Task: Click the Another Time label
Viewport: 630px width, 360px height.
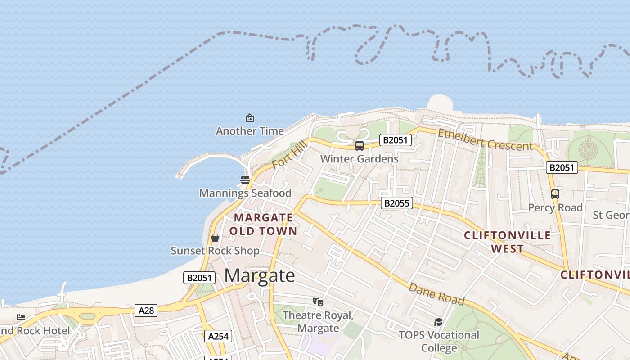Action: point(250,131)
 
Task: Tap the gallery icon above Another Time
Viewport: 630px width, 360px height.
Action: point(250,118)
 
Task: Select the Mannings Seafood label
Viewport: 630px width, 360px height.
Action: point(245,193)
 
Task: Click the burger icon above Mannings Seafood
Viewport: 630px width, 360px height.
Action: point(245,180)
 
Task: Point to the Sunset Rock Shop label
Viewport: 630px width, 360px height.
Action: point(215,251)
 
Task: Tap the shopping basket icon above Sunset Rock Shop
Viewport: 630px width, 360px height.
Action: point(215,238)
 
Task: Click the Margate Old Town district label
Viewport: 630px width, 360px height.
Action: point(263,224)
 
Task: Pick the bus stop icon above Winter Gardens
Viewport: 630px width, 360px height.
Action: point(360,146)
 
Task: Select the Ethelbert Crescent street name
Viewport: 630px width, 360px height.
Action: point(485,140)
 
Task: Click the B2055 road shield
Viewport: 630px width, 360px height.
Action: point(396,203)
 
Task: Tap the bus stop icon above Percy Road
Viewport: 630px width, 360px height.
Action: point(555,194)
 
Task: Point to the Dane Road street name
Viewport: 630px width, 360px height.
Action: point(436,294)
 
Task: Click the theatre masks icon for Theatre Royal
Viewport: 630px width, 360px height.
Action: point(318,302)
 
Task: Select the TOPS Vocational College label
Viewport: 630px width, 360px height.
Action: point(439,342)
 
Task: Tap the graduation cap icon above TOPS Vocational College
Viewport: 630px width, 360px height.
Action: point(438,322)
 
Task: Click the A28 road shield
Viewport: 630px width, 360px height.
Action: point(146,310)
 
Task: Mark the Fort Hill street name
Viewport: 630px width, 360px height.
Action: point(289,154)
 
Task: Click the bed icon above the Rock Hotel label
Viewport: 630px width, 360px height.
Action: point(21,317)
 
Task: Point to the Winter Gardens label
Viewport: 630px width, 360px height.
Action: point(359,159)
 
